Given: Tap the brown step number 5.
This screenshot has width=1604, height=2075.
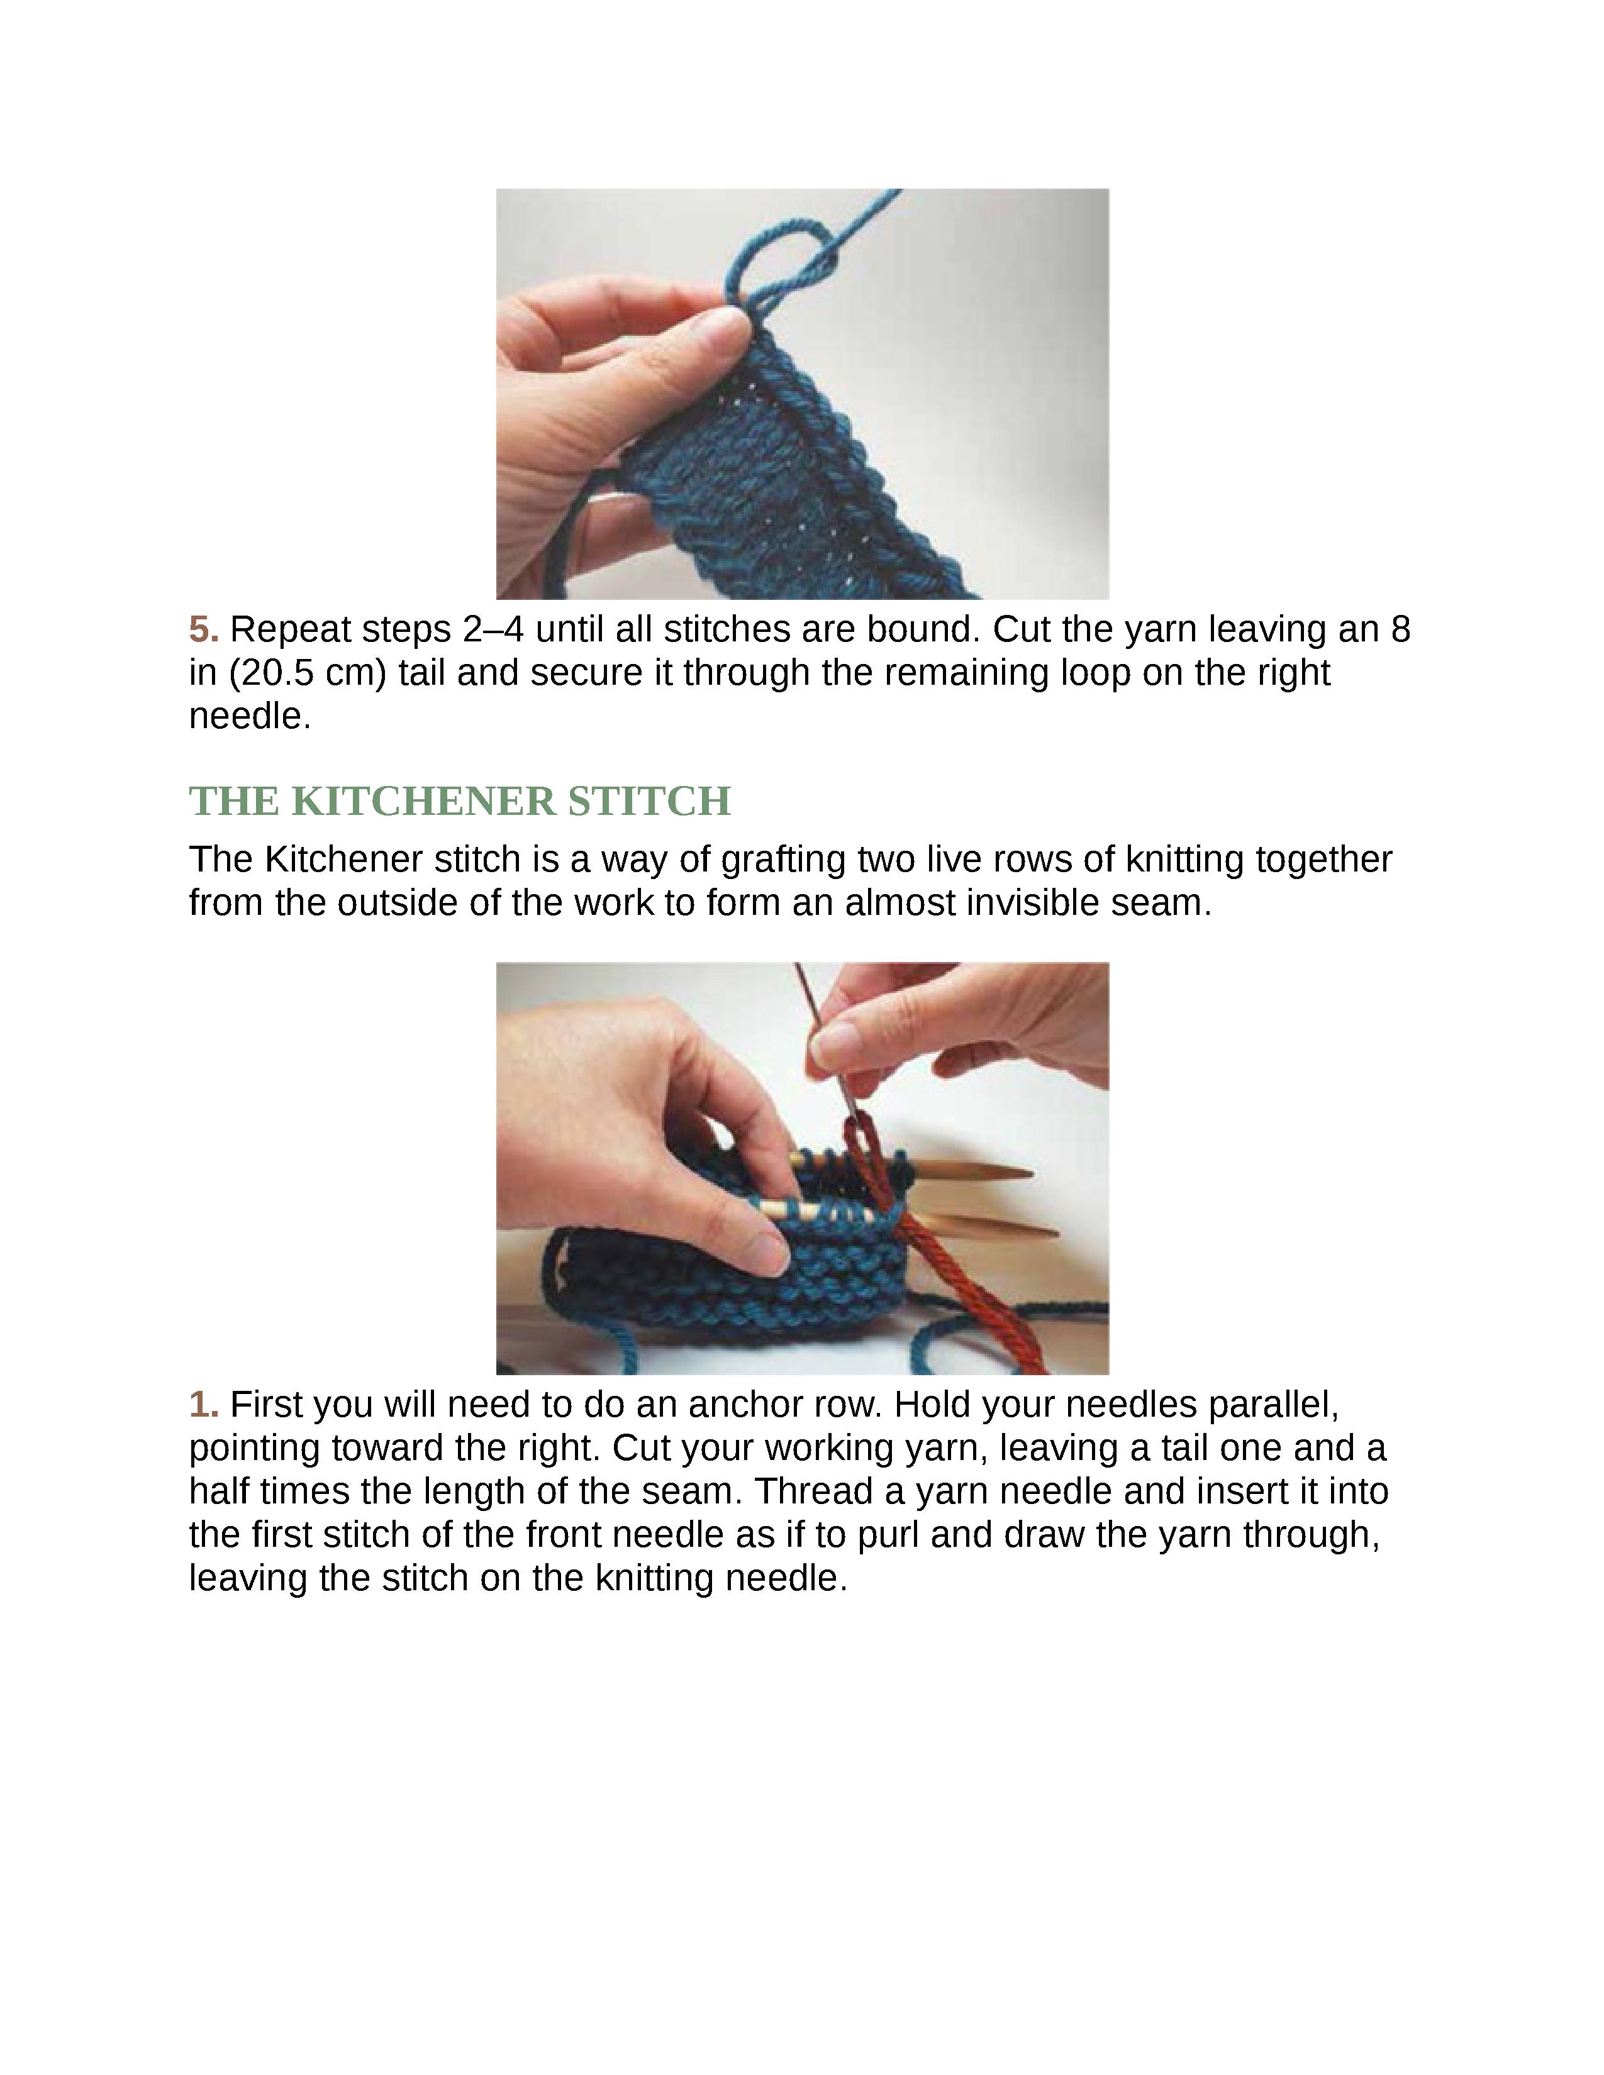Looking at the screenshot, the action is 203,629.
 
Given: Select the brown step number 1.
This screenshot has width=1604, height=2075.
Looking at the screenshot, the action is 203,1404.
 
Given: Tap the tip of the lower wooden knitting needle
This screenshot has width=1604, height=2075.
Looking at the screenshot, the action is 1057,1233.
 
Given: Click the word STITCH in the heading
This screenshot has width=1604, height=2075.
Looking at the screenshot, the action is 650,801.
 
